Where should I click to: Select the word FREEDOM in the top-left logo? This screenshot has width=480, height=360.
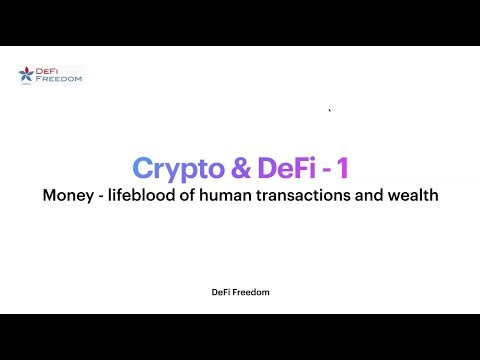pyautogui.click(x=58, y=78)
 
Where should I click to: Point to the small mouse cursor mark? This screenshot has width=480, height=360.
pyautogui.click(x=329, y=110)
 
